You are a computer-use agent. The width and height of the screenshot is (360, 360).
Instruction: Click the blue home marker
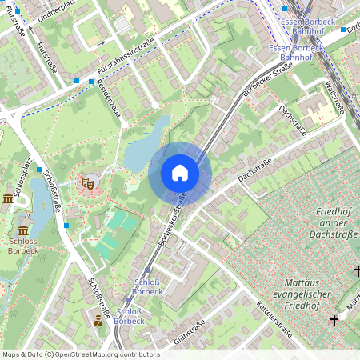[180, 173]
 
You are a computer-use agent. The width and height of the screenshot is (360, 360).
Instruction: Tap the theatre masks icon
[89, 183]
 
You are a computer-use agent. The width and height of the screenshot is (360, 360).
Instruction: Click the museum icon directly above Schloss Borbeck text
[9, 198]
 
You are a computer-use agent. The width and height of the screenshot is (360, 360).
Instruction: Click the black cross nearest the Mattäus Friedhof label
[334, 320]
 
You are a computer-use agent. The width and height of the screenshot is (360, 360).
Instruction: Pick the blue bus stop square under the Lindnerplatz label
[77, 81]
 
